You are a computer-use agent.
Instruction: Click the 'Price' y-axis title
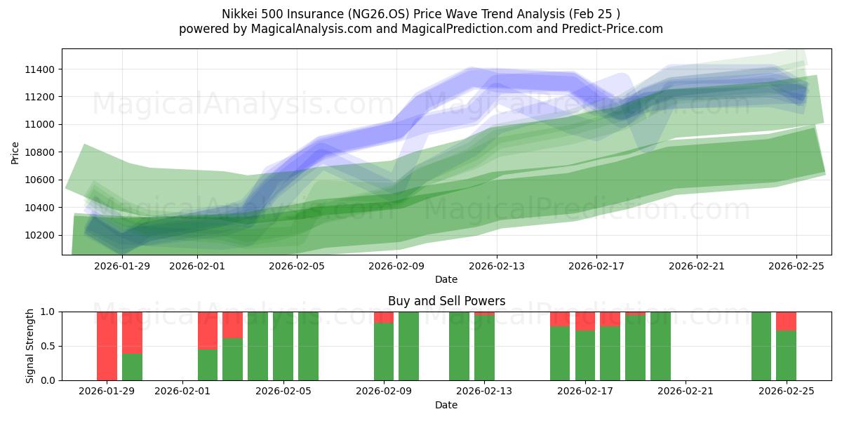pos(15,152)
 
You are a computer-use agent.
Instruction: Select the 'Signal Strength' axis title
pos(29,346)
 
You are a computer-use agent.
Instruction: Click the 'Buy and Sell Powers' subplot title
pos(446,301)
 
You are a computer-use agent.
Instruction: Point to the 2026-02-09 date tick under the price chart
pos(397,266)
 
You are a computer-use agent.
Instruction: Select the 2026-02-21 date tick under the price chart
pos(697,266)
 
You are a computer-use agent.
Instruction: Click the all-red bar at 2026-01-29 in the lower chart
pos(107,346)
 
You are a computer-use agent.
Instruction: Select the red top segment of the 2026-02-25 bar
pos(786,321)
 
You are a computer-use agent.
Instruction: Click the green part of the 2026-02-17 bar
pos(585,356)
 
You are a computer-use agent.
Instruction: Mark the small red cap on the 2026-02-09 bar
pos(384,317)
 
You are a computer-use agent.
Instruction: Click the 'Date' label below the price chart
pos(446,279)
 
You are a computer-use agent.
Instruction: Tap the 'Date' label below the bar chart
pos(446,405)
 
